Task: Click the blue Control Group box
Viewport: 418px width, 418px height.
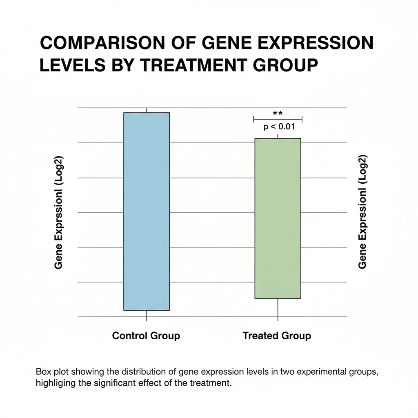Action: coord(146,211)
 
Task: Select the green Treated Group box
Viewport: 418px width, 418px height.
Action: coord(278,218)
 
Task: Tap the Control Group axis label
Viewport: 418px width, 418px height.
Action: coord(146,336)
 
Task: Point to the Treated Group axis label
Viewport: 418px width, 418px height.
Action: coord(277,336)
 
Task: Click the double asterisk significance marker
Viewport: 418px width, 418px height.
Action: coord(278,113)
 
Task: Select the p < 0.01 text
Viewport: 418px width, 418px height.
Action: coord(279,127)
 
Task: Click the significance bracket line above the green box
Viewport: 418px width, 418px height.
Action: coord(278,119)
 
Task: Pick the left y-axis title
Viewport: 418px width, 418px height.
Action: coord(59,213)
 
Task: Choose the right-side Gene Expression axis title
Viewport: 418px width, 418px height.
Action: coord(362,212)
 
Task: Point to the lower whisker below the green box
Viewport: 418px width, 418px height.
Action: coord(278,309)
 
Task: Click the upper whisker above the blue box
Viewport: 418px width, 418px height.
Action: coord(146,110)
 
